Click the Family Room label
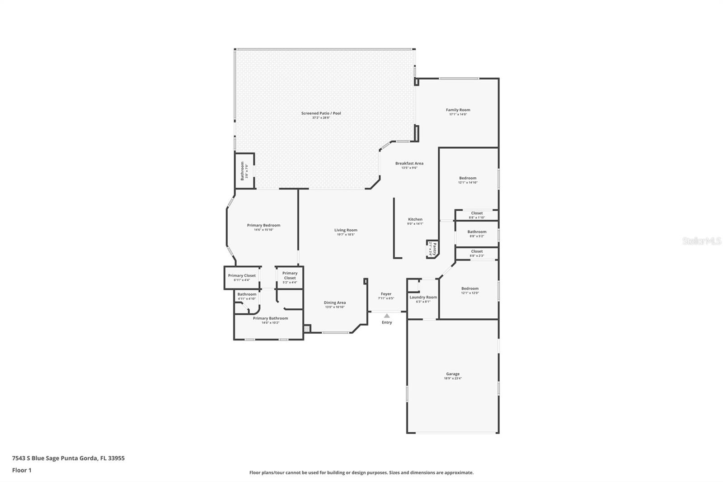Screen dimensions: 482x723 [458, 110]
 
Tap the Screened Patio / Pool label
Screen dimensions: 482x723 [321, 113]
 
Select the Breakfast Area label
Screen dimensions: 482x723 [409, 163]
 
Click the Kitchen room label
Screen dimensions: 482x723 [415, 219]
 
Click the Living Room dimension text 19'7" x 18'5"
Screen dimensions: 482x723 [346, 235]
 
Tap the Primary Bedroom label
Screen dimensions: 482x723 [263, 225]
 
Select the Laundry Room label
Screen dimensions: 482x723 [423, 297]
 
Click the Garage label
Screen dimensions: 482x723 [452, 374]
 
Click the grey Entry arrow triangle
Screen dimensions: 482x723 [387, 316]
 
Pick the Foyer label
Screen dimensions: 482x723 [386, 294]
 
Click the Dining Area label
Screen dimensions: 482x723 [334, 302]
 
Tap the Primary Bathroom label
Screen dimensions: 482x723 [270, 318]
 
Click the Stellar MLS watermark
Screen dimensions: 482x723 [701, 241]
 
